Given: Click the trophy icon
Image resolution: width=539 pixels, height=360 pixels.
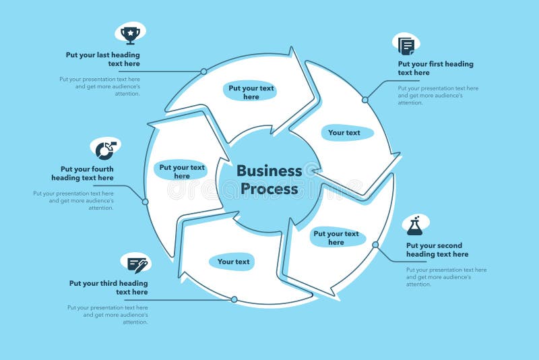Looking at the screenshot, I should [x=130, y=33].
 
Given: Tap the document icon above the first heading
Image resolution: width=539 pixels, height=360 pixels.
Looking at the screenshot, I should [x=406, y=45].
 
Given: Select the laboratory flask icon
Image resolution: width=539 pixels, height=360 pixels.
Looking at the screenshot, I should [x=414, y=226].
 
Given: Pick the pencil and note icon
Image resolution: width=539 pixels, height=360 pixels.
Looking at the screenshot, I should [x=137, y=264].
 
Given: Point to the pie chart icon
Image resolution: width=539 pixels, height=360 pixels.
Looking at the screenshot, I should [x=105, y=149].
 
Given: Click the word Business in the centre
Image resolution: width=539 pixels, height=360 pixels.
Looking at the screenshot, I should [x=269, y=171].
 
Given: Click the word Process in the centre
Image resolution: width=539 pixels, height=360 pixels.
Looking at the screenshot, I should [x=269, y=189].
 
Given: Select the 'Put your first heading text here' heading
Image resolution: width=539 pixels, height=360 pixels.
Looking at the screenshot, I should [x=435, y=68].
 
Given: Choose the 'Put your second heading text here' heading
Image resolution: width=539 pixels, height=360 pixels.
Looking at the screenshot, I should [x=437, y=250].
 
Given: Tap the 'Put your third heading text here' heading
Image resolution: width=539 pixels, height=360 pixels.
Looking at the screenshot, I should [x=108, y=288].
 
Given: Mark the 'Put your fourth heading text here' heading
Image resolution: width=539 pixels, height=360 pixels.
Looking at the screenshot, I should [x=82, y=173].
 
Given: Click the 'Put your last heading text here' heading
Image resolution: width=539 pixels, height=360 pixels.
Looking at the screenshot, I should [x=103, y=59].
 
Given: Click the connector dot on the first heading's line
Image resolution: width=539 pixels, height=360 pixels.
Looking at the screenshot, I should [x=365, y=100].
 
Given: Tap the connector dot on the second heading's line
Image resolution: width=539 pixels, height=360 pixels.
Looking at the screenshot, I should [x=375, y=245].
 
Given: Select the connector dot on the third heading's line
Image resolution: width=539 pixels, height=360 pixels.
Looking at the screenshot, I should [x=234, y=299].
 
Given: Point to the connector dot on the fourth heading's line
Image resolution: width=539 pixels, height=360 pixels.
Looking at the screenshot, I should [x=145, y=202].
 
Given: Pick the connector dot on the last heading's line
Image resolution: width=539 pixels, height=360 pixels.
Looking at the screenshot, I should [x=203, y=71].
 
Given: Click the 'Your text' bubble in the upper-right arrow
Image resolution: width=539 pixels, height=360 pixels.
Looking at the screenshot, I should [x=344, y=133].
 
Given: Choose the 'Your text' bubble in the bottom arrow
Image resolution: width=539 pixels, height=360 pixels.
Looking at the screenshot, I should [x=233, y=262].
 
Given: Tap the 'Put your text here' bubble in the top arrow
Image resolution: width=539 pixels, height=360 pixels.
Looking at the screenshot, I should [x=251, y=92].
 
